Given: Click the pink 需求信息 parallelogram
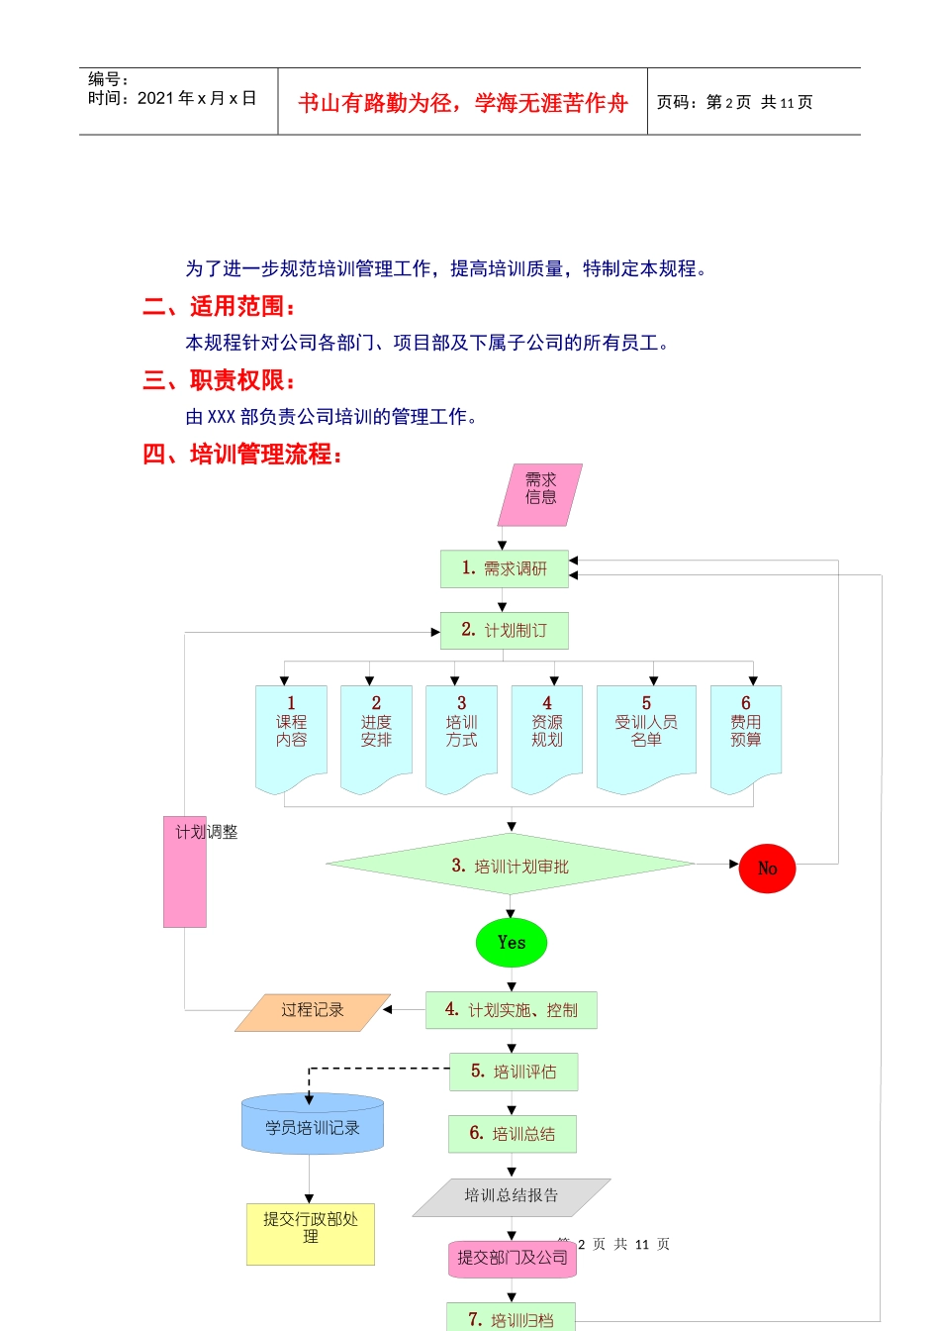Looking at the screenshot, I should click(539, 494).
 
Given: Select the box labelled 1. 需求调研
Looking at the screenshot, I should click(505, 568).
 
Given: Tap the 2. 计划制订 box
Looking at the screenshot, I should click(505, 631).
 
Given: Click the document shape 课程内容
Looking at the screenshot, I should click(291, 733).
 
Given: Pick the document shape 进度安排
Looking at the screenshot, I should click(376, 733).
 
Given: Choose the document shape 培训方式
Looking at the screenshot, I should click(461, 733).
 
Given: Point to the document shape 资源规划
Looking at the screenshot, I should click(547, 733).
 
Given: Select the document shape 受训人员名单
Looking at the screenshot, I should click(646, 733).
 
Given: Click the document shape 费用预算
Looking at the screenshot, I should click(746, 733).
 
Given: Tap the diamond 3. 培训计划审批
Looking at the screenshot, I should click(511, 866).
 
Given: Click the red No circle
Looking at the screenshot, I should click(767, 869).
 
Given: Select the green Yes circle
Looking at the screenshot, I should click(512, 943).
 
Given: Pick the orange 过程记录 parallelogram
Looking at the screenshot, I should click(313, 1011).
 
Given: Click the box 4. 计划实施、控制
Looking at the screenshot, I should click(512, 1010).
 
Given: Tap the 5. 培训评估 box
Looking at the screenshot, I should click(514, 1072).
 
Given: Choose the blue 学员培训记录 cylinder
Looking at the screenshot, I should click(313, 1126).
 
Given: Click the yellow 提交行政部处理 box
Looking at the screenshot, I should click(311, 1233).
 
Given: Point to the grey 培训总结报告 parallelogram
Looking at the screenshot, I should click(512, 1196).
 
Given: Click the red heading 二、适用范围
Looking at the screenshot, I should click(219, 306).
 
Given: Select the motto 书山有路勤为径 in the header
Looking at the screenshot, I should click(463, 103).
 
